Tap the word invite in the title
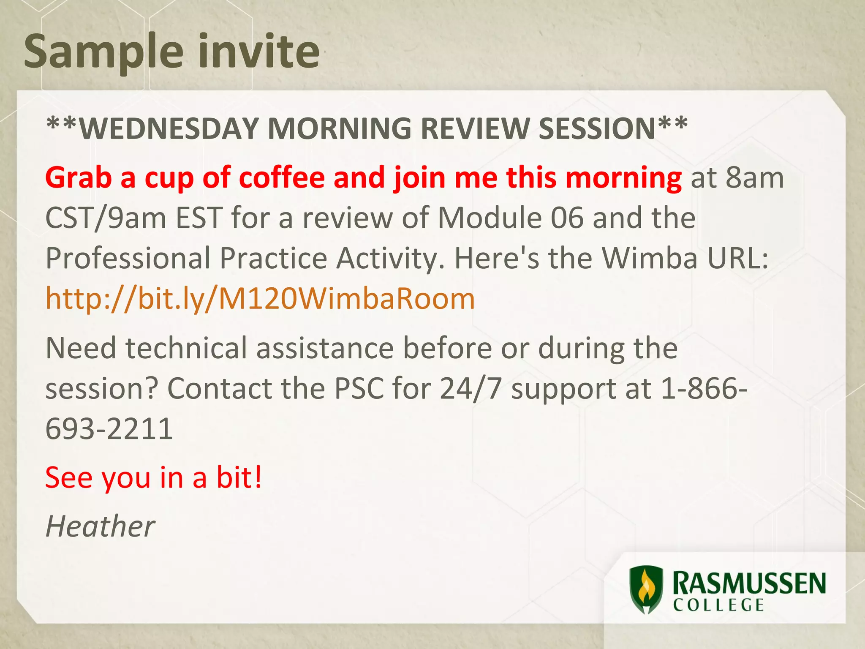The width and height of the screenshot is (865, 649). pyautogui.click(x=259, y=52)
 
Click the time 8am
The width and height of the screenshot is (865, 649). pyautogui.click(x=754, y=177)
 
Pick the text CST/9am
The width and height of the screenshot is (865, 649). pyautogui.click(x=106, y=218)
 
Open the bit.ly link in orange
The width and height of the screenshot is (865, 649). pyautogui.click(x=260, y=299)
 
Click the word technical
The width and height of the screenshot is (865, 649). pyautogui.click(x=186, y=348)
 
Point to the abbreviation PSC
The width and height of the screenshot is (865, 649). pyautogui.click(x=359, y=388)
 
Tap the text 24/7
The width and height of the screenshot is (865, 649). pyautogui.click(x=470, y=388)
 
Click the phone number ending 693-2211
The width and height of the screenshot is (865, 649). pyautogui.click(x=109, y=429)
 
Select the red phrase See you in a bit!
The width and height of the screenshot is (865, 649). pyautogui.click(x=154, y=477)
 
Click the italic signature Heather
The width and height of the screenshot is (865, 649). pyautogui.click(x=101, y=526)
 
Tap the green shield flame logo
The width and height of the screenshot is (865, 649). pyautogui.click(x=645, y=590)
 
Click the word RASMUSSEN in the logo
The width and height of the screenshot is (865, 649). pyautogui.click(x=749, y=584)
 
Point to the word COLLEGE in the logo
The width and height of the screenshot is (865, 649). pyautogui.click(x=718, y=605)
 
